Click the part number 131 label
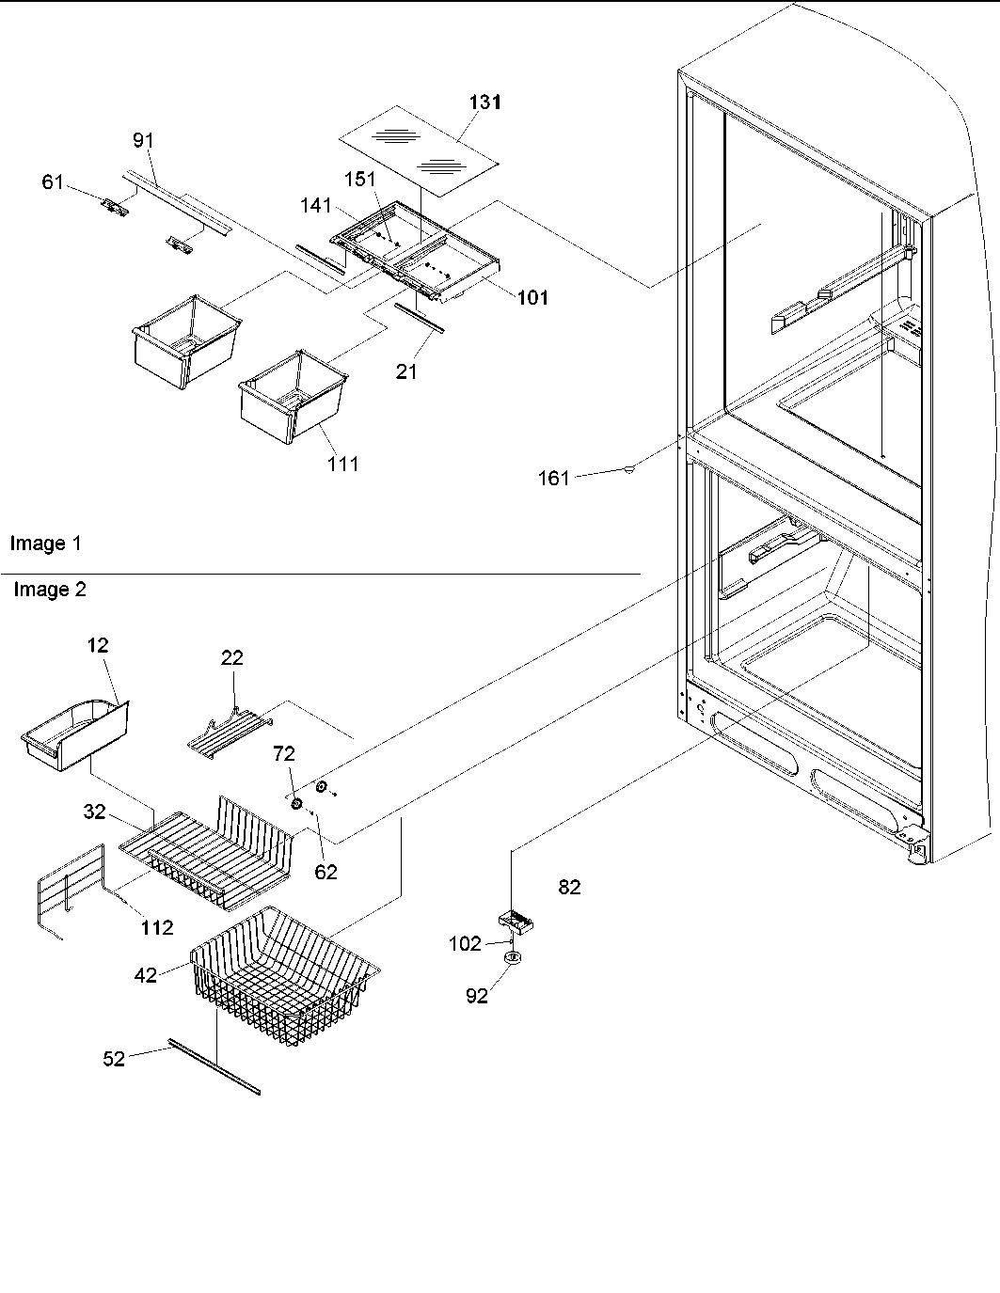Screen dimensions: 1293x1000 [485, 102]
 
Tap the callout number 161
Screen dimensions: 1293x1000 [553, 479]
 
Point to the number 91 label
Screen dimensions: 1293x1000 [142, 140]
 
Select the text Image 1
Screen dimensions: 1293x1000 [45, 544]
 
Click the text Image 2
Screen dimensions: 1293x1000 [49, 590]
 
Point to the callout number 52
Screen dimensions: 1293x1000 [114, 1059]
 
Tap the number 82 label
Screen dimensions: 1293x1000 [569, 887]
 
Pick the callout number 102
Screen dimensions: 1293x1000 [465, 943]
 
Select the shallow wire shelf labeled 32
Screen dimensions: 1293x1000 [207, 851]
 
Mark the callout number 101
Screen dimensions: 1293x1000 [532, 298]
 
